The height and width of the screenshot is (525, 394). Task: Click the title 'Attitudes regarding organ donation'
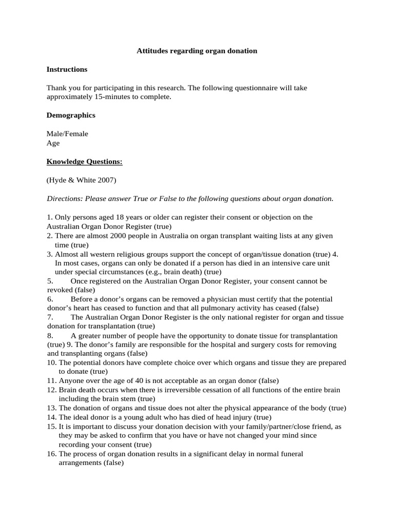197,51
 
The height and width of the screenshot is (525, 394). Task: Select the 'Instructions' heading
67,69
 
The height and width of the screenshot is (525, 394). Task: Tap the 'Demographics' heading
71,115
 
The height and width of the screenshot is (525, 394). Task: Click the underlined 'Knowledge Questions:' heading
85,162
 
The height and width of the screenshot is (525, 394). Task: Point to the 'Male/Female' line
67,134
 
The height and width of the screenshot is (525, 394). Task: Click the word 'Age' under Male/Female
53,143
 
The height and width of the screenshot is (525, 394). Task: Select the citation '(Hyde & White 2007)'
82,180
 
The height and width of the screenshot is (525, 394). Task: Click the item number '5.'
50,281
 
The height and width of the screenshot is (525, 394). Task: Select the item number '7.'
50,317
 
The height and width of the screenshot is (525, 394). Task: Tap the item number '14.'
51,417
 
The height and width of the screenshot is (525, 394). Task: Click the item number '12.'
51,390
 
